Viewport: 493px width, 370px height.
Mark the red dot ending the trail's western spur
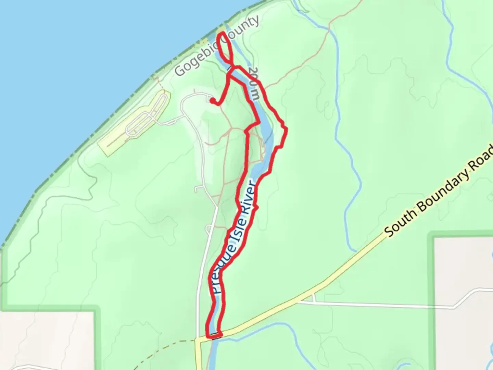pyautogui.click(x=213, y=100)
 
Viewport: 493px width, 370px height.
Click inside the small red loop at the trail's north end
pyautogui.click(x=226, y=48)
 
